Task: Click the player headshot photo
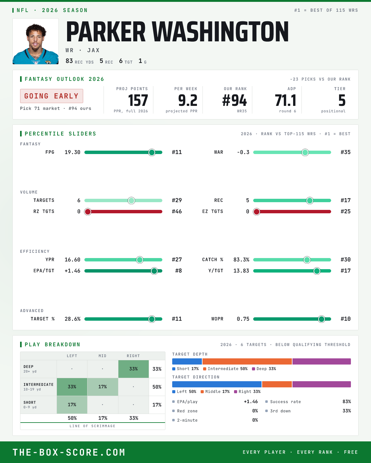coord(36,41)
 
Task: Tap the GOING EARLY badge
coord(52,96)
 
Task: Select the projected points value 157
coord(138,101)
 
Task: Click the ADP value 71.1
coord(285,101)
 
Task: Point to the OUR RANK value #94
coord(234,101)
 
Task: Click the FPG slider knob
coord(152,152)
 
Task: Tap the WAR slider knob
coord(305,152)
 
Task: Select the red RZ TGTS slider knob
coord(88,212)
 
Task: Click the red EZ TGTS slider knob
coord(257,212)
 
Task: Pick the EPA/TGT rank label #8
coord(178,271)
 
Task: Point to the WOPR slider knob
coord(322,319)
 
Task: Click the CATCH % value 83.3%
coord(241,260)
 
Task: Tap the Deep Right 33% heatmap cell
coord(134,369)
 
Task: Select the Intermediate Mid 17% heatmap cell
coord(103,387)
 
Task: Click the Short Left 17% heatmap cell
coord(72,405)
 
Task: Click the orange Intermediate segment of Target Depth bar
coord(247,361)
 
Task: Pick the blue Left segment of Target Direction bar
coord(217,384)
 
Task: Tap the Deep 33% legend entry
coord(264,369)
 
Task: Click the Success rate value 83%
coord(347,402)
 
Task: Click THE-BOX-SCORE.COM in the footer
coord(69,452)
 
